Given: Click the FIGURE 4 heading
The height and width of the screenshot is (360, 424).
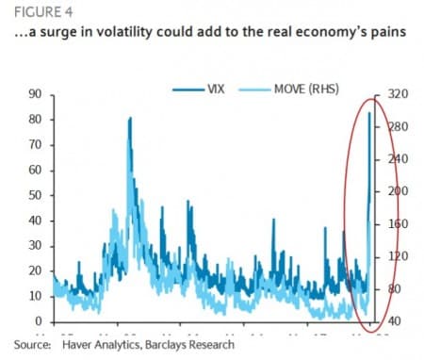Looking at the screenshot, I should click(x=35, y=11).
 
